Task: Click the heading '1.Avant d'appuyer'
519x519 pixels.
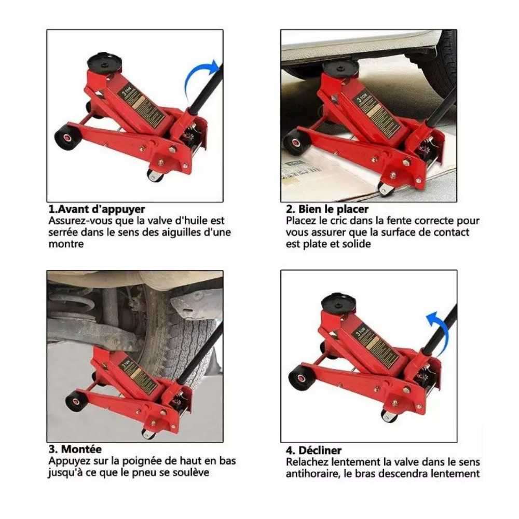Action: click(97, 210)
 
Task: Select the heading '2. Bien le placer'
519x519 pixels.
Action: click(327, 210)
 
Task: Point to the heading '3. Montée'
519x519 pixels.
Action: click(76, 449)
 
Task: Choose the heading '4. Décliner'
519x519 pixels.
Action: click(314, 450)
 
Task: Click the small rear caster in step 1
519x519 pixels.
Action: click(155, 175)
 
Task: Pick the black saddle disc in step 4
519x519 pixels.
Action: click(339, 303)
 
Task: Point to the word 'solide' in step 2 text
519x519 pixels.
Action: click(356, 244)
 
